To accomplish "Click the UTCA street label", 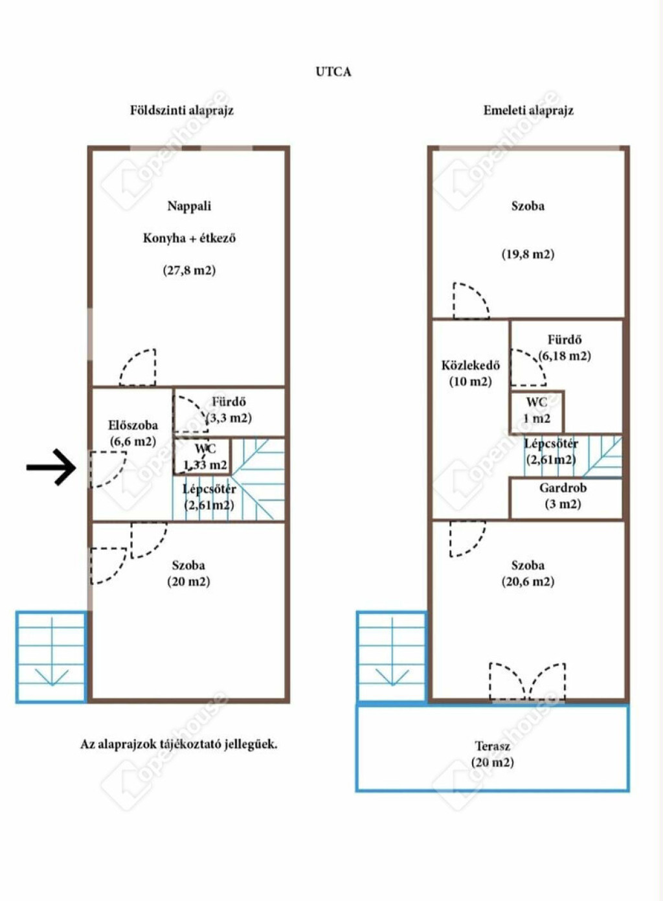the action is [x=333, y=72].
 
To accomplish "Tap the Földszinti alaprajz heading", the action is [x=182, y=110].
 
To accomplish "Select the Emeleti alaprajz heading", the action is [x=528, y=110].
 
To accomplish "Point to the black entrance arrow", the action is [x=51, y=467].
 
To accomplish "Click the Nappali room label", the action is [x=189, y=206].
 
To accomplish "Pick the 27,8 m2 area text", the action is [x=189, y=270].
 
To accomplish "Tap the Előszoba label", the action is [x=133, y=425].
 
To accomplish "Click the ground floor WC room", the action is [x=202, y=457].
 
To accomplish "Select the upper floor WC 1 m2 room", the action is [x=537, y=411].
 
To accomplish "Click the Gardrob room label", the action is [x=563, y=488].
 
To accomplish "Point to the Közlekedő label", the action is [x=471, y=365].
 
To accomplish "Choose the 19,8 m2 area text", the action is [x=528, y=254].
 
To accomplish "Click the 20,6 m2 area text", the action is [x=528, y=582].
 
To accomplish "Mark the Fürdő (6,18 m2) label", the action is [x=565, y=348].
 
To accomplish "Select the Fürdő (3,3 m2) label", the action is [x=229, y=410].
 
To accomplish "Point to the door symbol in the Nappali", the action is [x=138, y=367].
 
